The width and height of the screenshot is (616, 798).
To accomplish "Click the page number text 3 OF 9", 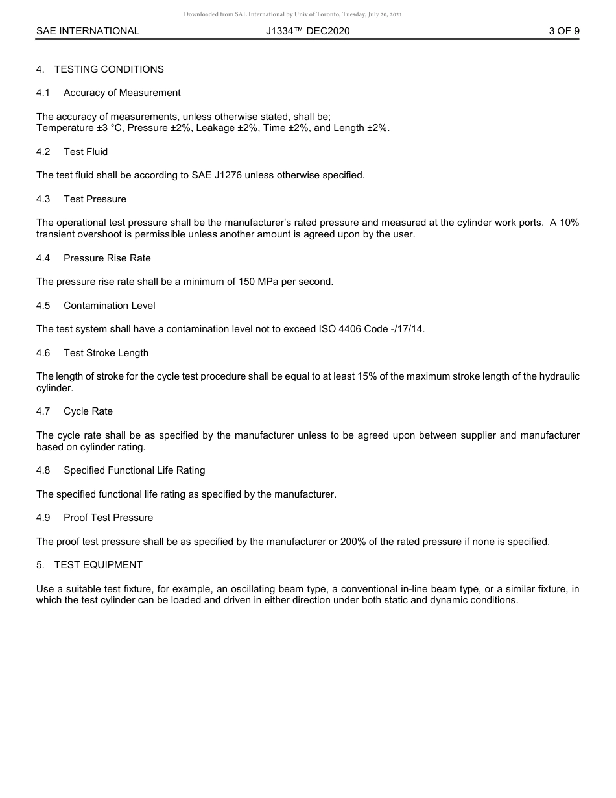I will [x=563, y=30].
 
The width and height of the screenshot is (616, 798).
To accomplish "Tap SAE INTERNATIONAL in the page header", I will [x=88, y=30].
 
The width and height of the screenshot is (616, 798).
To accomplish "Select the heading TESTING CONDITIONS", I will [x=109, y=69].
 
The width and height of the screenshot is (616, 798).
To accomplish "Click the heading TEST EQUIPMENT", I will [x=99, y=565].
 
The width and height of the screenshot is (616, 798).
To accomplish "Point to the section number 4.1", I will [x=43, y=93].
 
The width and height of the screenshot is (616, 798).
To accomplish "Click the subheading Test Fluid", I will [x=86, y=152].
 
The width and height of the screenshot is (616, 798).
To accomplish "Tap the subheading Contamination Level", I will [x=110, y=306].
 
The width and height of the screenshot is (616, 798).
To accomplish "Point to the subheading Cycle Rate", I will [x=88, y=411].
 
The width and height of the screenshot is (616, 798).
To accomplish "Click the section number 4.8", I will [x=43, y=470].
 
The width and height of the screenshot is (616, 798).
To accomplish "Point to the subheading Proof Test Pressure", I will [x=108, y=518].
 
